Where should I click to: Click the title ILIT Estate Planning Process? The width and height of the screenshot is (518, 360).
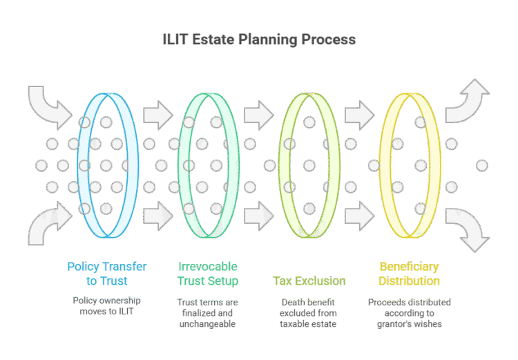(258, 39)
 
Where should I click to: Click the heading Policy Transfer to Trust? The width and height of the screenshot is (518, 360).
(106, 274)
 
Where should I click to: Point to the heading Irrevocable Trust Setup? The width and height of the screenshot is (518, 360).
(208, 274)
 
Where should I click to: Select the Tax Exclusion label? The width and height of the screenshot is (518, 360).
(309, 281)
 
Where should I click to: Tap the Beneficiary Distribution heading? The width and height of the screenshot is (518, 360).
(409, 274)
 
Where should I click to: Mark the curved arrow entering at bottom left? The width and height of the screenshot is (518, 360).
(48, 225)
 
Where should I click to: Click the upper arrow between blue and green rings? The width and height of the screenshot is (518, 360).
(157, 115)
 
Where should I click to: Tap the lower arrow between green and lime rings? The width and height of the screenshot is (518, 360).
(258, 216)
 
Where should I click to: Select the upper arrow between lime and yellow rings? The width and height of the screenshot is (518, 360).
(359, 115)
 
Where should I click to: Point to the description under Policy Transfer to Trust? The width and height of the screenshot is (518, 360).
(106, 306)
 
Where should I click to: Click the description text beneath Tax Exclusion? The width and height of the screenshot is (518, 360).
(309, 312)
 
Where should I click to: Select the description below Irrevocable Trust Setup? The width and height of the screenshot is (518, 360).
(208, 312)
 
